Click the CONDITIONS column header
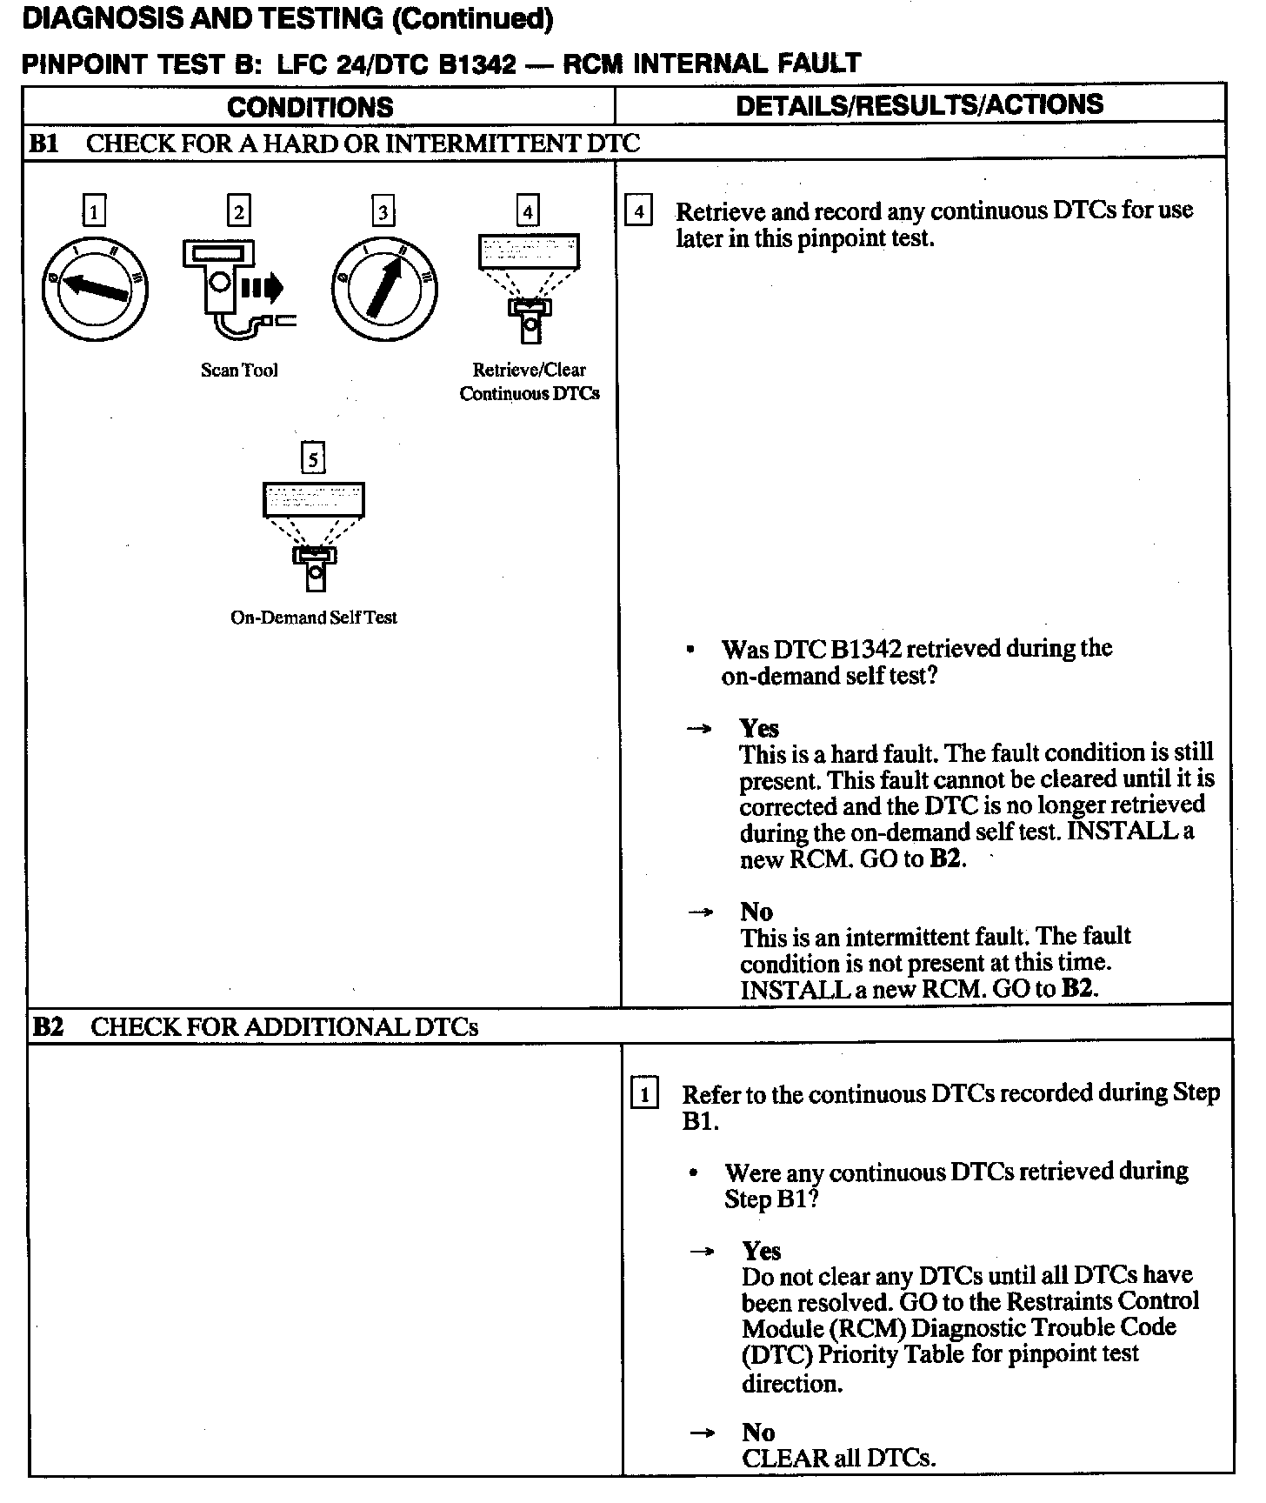coord(310,107)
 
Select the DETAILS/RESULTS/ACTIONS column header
coord(919,104)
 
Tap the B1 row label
coord(43,143)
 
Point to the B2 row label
coord(49,1026)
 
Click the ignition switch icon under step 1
coord(95,288)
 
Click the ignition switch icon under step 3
coord(383,288)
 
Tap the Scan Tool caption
coord(239,370)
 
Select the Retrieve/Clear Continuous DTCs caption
coord(529,381)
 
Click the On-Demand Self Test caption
coord(313,618)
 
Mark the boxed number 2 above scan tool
coord(238,211)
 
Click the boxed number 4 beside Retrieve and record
coord(639,211)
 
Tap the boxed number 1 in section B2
coord(643,1093)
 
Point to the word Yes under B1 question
coord(759,728)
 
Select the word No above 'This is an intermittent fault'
coord(756,912)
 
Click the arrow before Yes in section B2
coord(701,1252)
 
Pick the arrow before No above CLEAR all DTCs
coord(701,1433)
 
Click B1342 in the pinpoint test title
coord(476,63)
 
